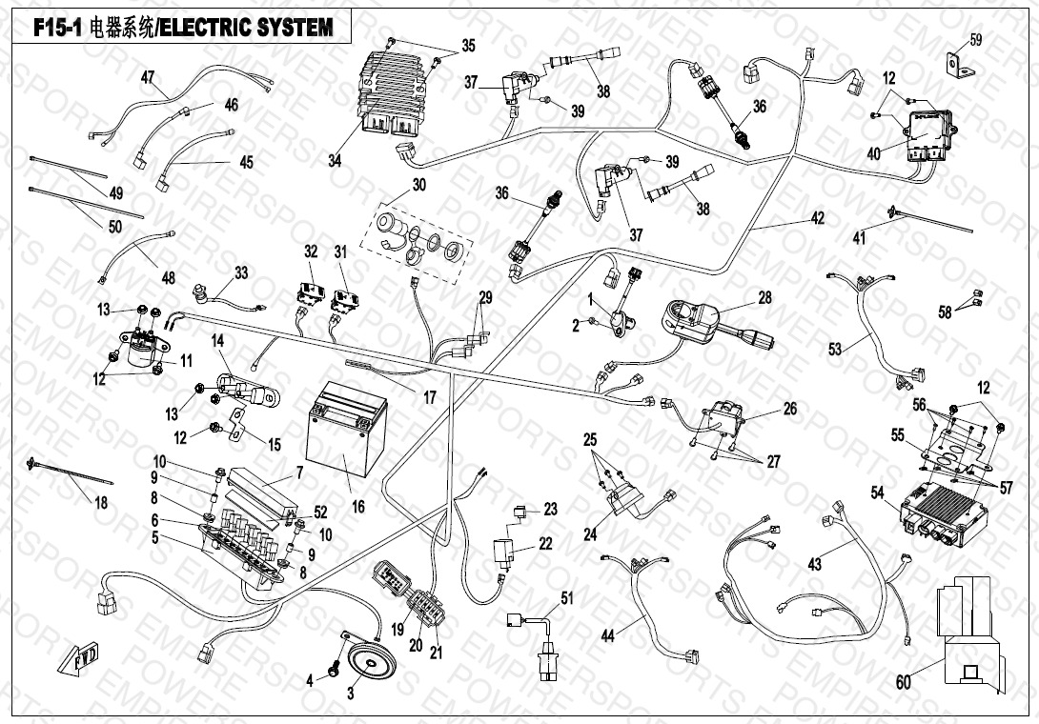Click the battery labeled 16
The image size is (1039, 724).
(346, 432)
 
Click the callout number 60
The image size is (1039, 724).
(904, 682)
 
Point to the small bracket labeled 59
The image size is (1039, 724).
(955, 63)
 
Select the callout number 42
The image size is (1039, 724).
(818, 217)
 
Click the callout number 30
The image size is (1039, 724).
(419, 184)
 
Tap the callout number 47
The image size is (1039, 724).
(148, 76)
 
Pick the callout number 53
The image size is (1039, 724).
(835, 351)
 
